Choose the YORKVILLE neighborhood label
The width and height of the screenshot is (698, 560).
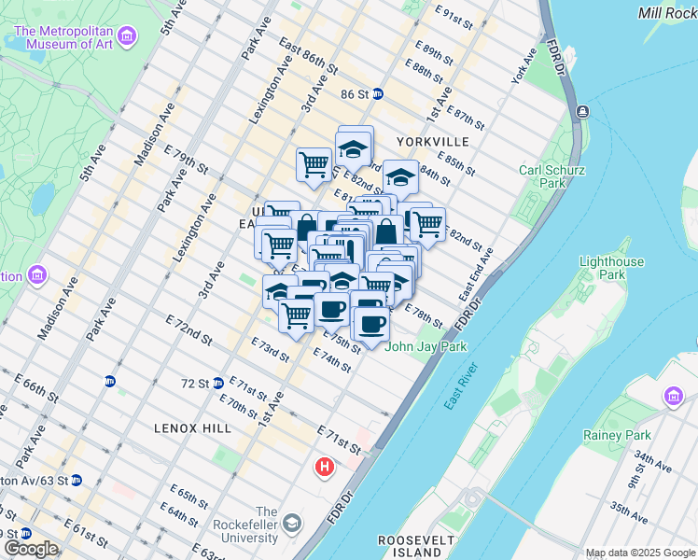(x=432, y=141)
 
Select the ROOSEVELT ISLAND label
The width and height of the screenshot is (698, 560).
(x=416, y=546)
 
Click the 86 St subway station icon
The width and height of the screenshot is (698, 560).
(x=378, y=94)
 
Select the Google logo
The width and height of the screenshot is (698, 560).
(x=31, y=548)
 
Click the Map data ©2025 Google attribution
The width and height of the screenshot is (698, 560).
(x=640, y=553)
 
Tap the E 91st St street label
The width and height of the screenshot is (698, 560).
(x=455, y=14)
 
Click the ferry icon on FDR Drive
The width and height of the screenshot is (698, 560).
(x=582, y=111)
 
